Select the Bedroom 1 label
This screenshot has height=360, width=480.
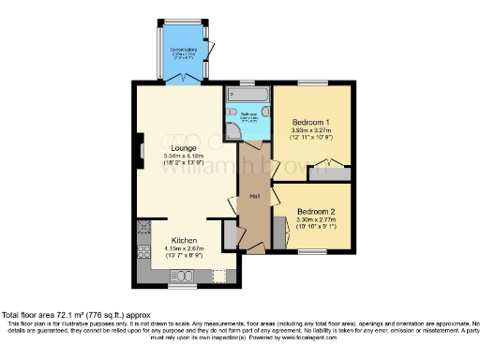pos(309,123)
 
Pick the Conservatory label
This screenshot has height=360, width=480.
pos(183,50)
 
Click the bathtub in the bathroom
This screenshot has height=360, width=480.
pos(247,95)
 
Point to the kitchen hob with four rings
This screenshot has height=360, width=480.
pos(144,228)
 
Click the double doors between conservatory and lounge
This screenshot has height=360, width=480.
pos(182,83)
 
